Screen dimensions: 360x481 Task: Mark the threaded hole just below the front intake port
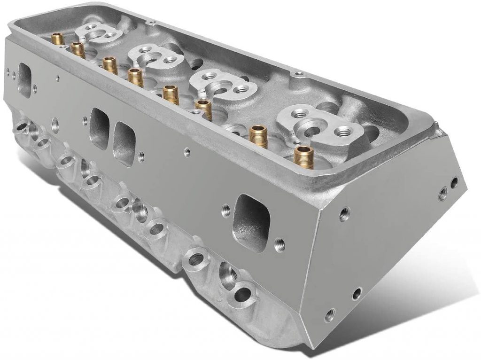pyautogui.click(x=280, y=243)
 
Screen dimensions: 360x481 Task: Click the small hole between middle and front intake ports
pyautogui.click(x=186, y=151)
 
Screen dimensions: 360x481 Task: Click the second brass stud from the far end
pyautogui.click(x=78, y=48)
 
